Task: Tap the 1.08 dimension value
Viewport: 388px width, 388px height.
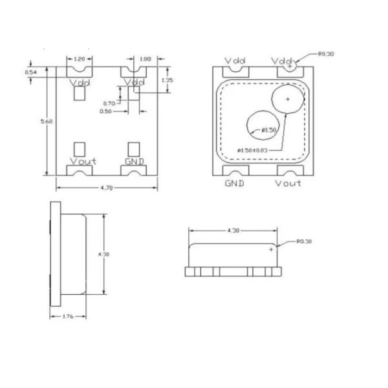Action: point(145,58)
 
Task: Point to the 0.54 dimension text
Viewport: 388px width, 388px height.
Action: point(30,72)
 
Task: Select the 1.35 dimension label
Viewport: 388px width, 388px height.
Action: point(166,80)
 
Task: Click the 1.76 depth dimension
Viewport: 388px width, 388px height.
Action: point(67,316)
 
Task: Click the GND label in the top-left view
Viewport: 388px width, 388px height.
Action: point(135,161)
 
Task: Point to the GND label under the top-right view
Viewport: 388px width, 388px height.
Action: point(234,183)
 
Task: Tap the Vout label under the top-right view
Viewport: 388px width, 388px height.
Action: point(288,183)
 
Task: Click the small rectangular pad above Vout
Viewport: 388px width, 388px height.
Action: point(80,148)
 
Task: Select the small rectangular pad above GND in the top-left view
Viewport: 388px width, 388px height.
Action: point(134,148)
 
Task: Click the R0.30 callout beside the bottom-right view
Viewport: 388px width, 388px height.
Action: point(304,241)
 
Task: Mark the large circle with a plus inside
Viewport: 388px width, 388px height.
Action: point(287,100)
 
